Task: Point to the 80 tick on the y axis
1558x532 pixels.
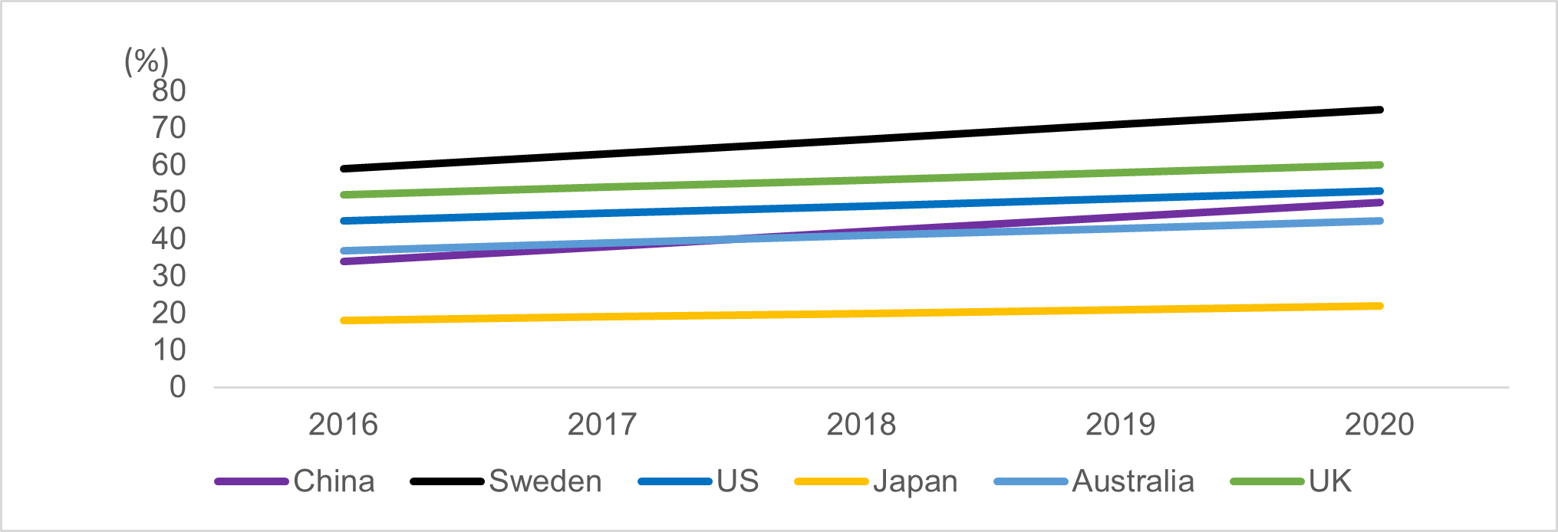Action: click(x=169, y=90)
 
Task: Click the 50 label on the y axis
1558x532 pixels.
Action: click(x=169, y=202)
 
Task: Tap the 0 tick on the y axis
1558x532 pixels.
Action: click(x=177, y=386)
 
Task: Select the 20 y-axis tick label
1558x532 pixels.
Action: click(x=169, y=313)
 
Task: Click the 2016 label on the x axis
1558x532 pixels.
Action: click(x=343, y=424)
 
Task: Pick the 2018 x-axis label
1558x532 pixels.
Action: click(x=861, y=424)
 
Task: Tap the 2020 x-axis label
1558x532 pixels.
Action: click(x=1378, y=424)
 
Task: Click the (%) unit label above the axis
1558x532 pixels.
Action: click(x=146, y=61)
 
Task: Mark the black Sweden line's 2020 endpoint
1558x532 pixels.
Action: click(x=1380, y=110)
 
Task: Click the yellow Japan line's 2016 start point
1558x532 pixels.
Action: click(x=343, y=320)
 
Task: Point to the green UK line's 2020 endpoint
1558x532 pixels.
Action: click(x=1380, y=165)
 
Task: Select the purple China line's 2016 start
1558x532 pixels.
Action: click(x=343, y=261)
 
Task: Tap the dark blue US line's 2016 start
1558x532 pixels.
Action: click(x=343, y=221)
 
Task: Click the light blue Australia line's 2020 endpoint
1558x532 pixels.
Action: click(x=1380, y=221)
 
